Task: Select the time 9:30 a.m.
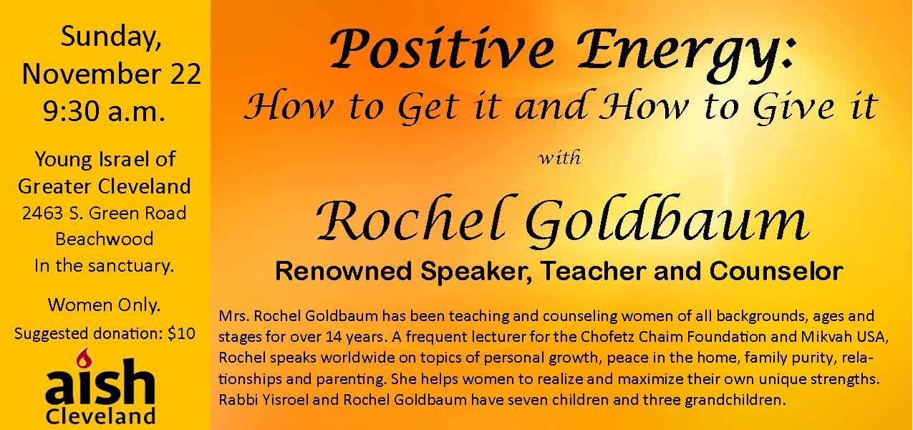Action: point(105,111)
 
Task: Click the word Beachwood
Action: point(105,239)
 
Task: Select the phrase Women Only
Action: point(105,305)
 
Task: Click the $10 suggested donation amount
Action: point(181,334)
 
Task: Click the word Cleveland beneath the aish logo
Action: point(101,416)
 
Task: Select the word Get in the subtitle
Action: point(428,107)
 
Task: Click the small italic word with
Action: point(560,158)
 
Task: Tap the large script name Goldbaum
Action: point(667,222)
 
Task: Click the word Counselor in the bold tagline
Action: point(776,271)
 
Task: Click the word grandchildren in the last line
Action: point(735,400)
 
